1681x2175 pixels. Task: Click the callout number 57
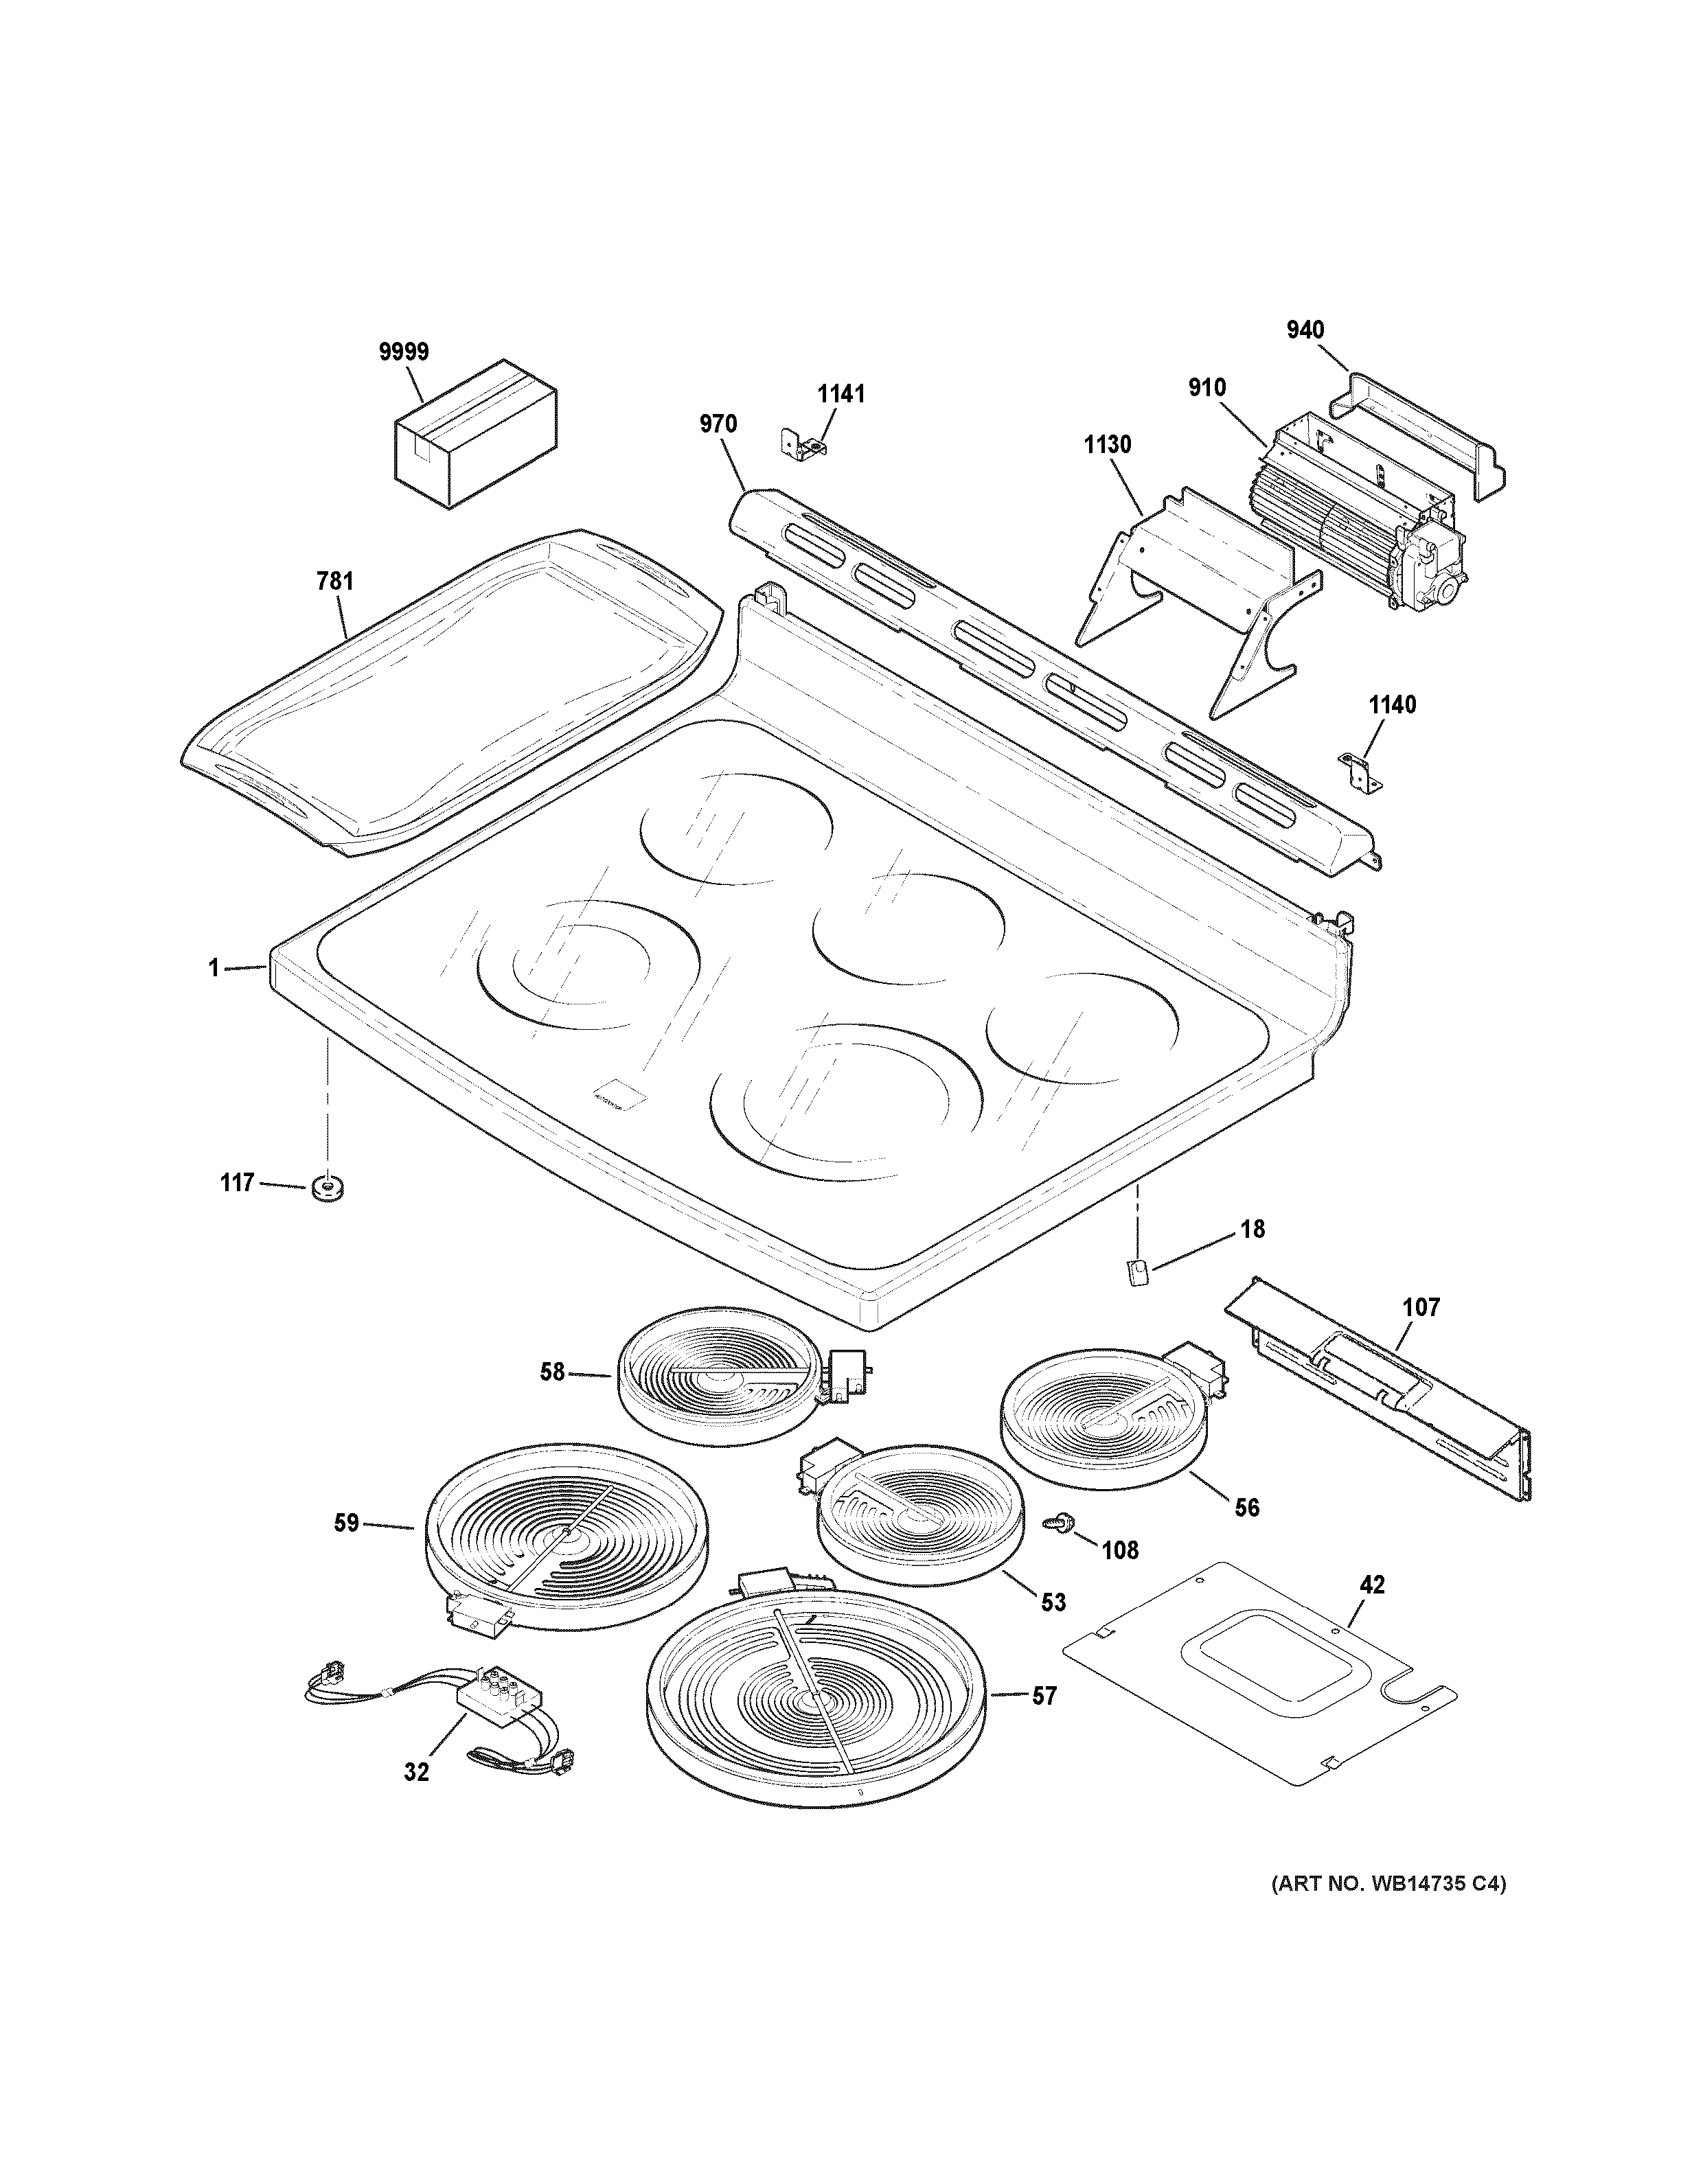click(x=1044, y=1696)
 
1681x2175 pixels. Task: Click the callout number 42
click(x=1372, y=1585)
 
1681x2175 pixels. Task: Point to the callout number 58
click(x=553, y=1372)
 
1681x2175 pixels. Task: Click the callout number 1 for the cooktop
click(x=213, y=967)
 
